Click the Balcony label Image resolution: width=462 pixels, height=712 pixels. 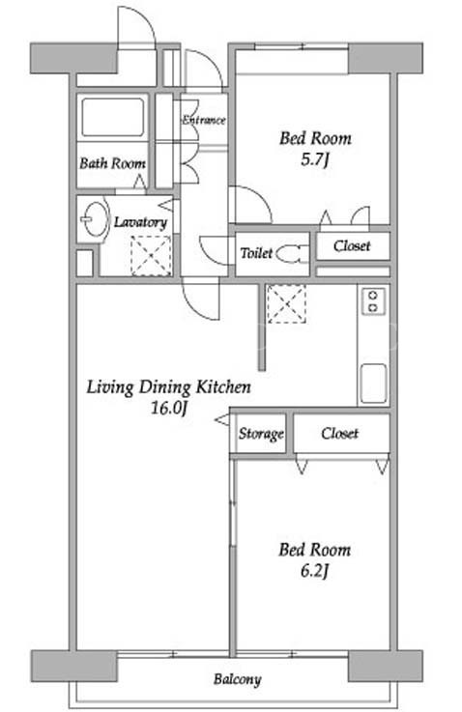237,679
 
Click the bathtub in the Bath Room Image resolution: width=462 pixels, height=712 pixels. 113,117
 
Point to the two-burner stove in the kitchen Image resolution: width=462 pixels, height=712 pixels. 373,301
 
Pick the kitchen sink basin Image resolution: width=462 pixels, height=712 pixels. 373,384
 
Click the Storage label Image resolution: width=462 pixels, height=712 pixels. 261,434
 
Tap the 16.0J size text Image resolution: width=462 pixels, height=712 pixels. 168,408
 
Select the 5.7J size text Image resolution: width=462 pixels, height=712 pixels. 314,159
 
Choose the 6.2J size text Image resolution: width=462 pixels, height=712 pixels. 314,571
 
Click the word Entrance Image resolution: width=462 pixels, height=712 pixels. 204,120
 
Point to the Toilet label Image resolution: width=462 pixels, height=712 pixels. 257,253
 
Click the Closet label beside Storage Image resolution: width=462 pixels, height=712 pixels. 339,433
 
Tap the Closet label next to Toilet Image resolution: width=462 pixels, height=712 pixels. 352,245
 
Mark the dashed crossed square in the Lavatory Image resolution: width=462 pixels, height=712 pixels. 151,256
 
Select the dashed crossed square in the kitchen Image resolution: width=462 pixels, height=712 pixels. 286,303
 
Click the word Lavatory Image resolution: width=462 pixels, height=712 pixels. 140,222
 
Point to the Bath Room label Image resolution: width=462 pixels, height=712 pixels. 112,163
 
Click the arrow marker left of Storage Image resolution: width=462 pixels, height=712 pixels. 222,420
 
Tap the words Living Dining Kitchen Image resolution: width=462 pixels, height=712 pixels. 168,387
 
